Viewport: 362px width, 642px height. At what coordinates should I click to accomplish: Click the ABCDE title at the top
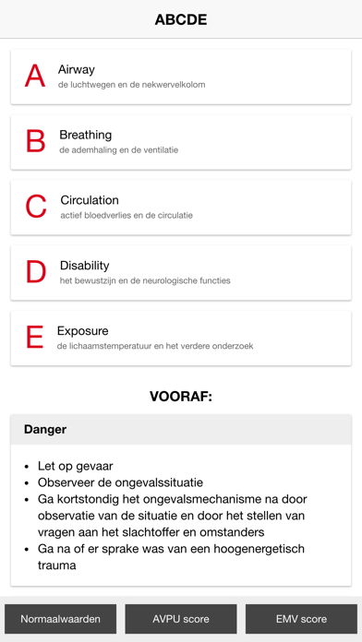pos(181,19)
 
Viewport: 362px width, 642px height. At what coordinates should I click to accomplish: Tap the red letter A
pos(35,76)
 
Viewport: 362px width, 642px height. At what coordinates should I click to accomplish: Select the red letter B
pos(35,141)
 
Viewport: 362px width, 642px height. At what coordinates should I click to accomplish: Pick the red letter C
pos(36,207)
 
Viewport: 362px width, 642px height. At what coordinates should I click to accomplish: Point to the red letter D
pos(36,272)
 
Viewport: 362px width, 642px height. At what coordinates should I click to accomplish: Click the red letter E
pos(35,338)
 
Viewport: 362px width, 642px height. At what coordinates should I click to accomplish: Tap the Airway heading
pos(77,69)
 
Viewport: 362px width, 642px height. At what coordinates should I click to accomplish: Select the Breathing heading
pos(86,135)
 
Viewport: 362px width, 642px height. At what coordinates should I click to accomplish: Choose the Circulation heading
pos(90,200)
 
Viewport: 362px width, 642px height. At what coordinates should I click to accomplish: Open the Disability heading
pos(84,266)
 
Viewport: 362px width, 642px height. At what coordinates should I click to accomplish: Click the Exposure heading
pos(83,330)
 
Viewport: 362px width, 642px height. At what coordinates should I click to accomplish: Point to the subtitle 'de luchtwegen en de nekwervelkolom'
pos(131,85)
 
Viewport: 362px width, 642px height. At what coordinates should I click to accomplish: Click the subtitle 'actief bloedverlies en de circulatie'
pos(127,216)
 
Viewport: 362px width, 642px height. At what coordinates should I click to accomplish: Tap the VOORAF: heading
pos(181,397)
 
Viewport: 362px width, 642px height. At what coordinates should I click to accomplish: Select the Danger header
pos(45,430)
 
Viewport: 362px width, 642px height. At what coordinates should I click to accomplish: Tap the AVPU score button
pos(181,619)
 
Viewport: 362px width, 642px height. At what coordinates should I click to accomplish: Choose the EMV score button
pos(301,619)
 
